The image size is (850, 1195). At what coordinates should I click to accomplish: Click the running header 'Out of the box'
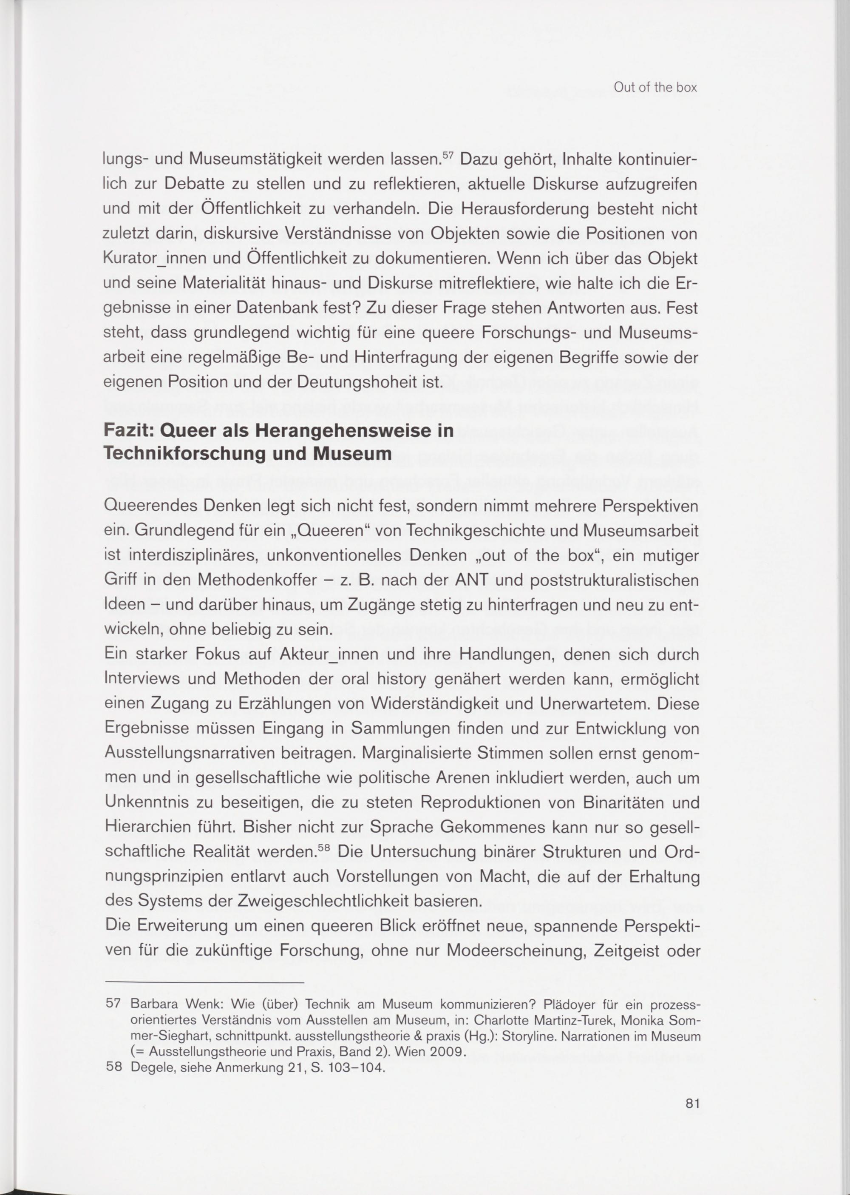click(655, 88)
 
